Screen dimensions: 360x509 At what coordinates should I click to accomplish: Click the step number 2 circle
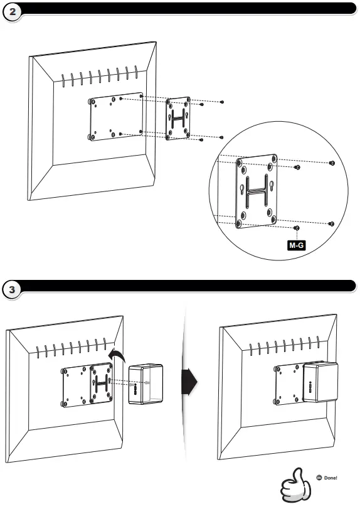click(x=12, y=13)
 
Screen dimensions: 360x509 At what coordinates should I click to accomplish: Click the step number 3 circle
click(x=12, y=289)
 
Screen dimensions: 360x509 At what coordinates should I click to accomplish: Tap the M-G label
click(x=297, y=245)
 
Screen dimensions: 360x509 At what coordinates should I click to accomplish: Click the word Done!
click(x=331, y=478)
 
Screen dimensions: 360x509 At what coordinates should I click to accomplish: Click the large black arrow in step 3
click(x=189, y=381)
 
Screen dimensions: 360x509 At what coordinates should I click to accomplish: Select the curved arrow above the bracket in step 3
click(x=117, y=355)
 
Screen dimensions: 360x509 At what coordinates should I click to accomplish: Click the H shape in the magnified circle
click(x=257, y=190)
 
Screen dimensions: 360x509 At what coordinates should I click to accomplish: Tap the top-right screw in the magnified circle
click(x=331, y=163)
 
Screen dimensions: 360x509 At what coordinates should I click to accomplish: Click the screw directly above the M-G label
click(x=297, y=228)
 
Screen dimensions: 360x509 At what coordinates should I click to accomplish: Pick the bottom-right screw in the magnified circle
click(x=331, y=223)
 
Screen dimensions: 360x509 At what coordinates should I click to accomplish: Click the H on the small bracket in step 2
click(x=178, y=118)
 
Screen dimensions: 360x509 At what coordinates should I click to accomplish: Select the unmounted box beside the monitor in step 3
click(x=146, y=384)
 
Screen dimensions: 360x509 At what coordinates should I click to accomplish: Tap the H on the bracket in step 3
click(x=102, y=383)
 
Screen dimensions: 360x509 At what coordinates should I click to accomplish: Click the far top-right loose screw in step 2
click(x=222, y=102)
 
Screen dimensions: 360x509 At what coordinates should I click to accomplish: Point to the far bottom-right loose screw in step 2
click(x=222, y=137)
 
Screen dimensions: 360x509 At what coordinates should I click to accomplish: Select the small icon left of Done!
click(x=319, y=478)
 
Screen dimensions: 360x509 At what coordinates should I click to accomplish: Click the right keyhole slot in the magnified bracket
click(x=272, y=186)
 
